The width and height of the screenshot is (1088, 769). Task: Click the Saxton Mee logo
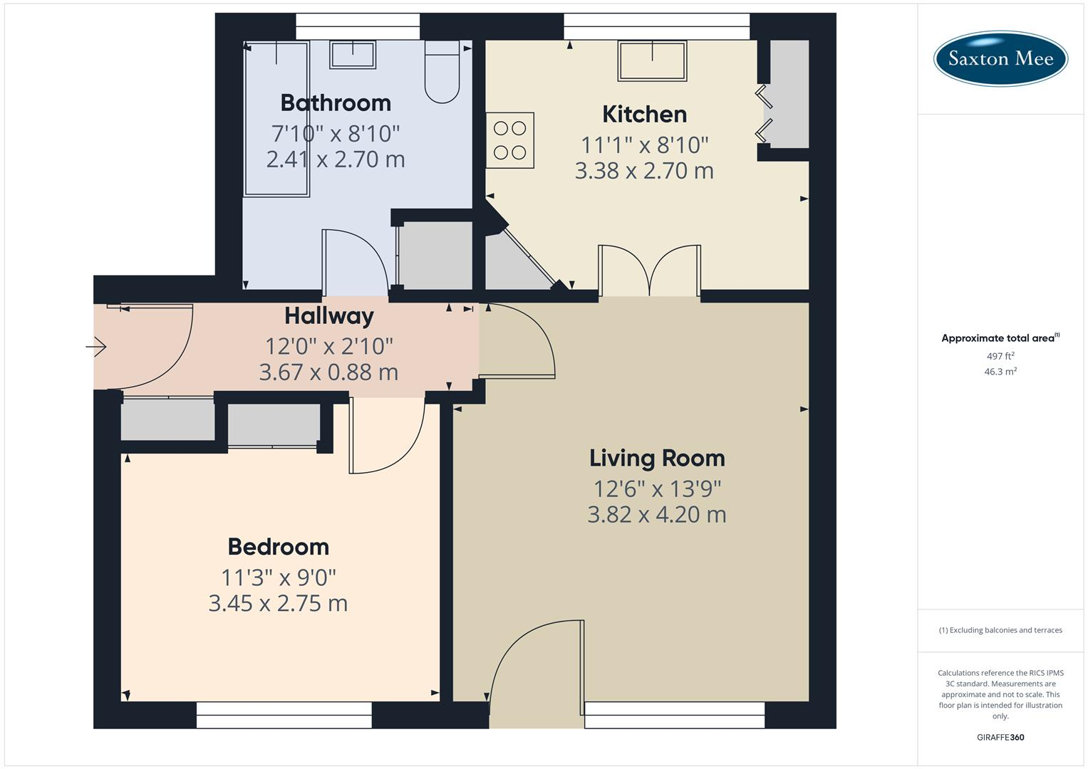[1000, 58]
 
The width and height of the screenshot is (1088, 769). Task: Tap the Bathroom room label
[336, 103]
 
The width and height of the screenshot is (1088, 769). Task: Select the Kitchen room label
[644, 115]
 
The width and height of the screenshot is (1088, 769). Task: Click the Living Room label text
[656, 459]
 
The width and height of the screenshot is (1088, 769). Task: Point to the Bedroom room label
[278, 547]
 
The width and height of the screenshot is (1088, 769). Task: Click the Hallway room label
[328, 315]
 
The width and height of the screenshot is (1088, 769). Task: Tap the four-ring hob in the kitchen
[510, 140]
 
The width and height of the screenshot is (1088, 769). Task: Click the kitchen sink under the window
[653, 61]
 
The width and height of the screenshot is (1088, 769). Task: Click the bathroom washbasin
[352, 55]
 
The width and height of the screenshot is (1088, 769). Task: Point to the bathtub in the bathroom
[276, 118]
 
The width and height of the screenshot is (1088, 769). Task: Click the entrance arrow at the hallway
[96, 347]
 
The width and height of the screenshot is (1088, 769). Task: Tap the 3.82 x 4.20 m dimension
[656, 514]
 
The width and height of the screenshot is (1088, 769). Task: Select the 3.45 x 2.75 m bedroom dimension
[278, 603]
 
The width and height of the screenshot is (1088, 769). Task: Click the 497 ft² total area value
[1000, 356]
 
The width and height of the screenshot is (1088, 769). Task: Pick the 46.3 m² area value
[1000, 372]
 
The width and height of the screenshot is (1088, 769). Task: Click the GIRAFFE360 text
[1000, 738]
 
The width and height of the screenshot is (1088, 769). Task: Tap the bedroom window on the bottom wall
[284, 715]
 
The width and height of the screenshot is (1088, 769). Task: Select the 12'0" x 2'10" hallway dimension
[328, 347]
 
